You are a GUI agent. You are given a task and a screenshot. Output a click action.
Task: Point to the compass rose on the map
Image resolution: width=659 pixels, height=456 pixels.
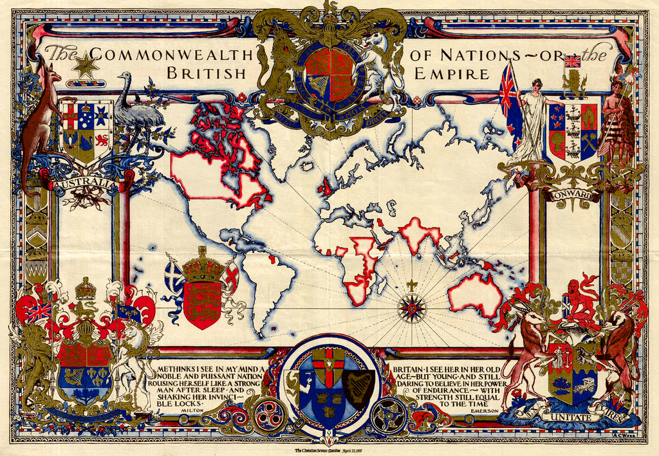coord(411,308)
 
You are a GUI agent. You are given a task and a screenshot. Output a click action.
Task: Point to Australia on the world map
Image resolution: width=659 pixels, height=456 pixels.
coord(475,293)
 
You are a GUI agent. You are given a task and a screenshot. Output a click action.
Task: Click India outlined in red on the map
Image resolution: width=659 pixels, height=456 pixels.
coord(418,235)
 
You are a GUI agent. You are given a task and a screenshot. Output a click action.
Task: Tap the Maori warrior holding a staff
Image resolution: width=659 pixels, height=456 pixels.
coord(615,122)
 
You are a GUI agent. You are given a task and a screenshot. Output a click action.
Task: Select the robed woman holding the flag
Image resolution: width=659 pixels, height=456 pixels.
coord(532,119)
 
